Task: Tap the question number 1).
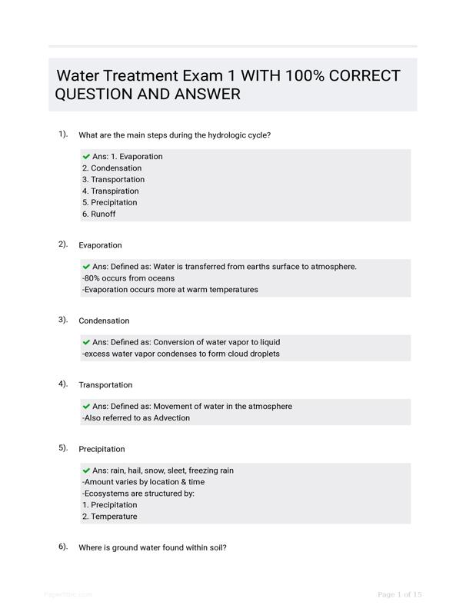click(x=63, y=134)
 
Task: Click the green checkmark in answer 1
click(x=86, y=156)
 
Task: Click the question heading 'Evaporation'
click(x=100, y=245)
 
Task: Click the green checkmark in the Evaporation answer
click(x=86, y=267)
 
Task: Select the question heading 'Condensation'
click(x=104, y=321)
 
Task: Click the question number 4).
click(x=63, y=384)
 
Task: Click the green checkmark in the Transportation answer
click(x=86, y=406)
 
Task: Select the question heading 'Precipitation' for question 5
click(x=102, y=449)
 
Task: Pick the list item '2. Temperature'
click(x=109, y=517)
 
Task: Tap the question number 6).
click(x=63, y=547)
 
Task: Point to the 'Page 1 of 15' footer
click(x=400, y=594)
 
